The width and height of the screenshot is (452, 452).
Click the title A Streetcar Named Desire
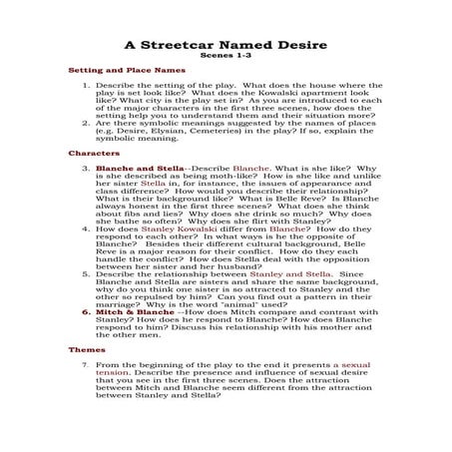[226, 44]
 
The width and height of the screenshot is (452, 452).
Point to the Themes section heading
[87, 350]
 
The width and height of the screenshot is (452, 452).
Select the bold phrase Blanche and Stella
[129, 170]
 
